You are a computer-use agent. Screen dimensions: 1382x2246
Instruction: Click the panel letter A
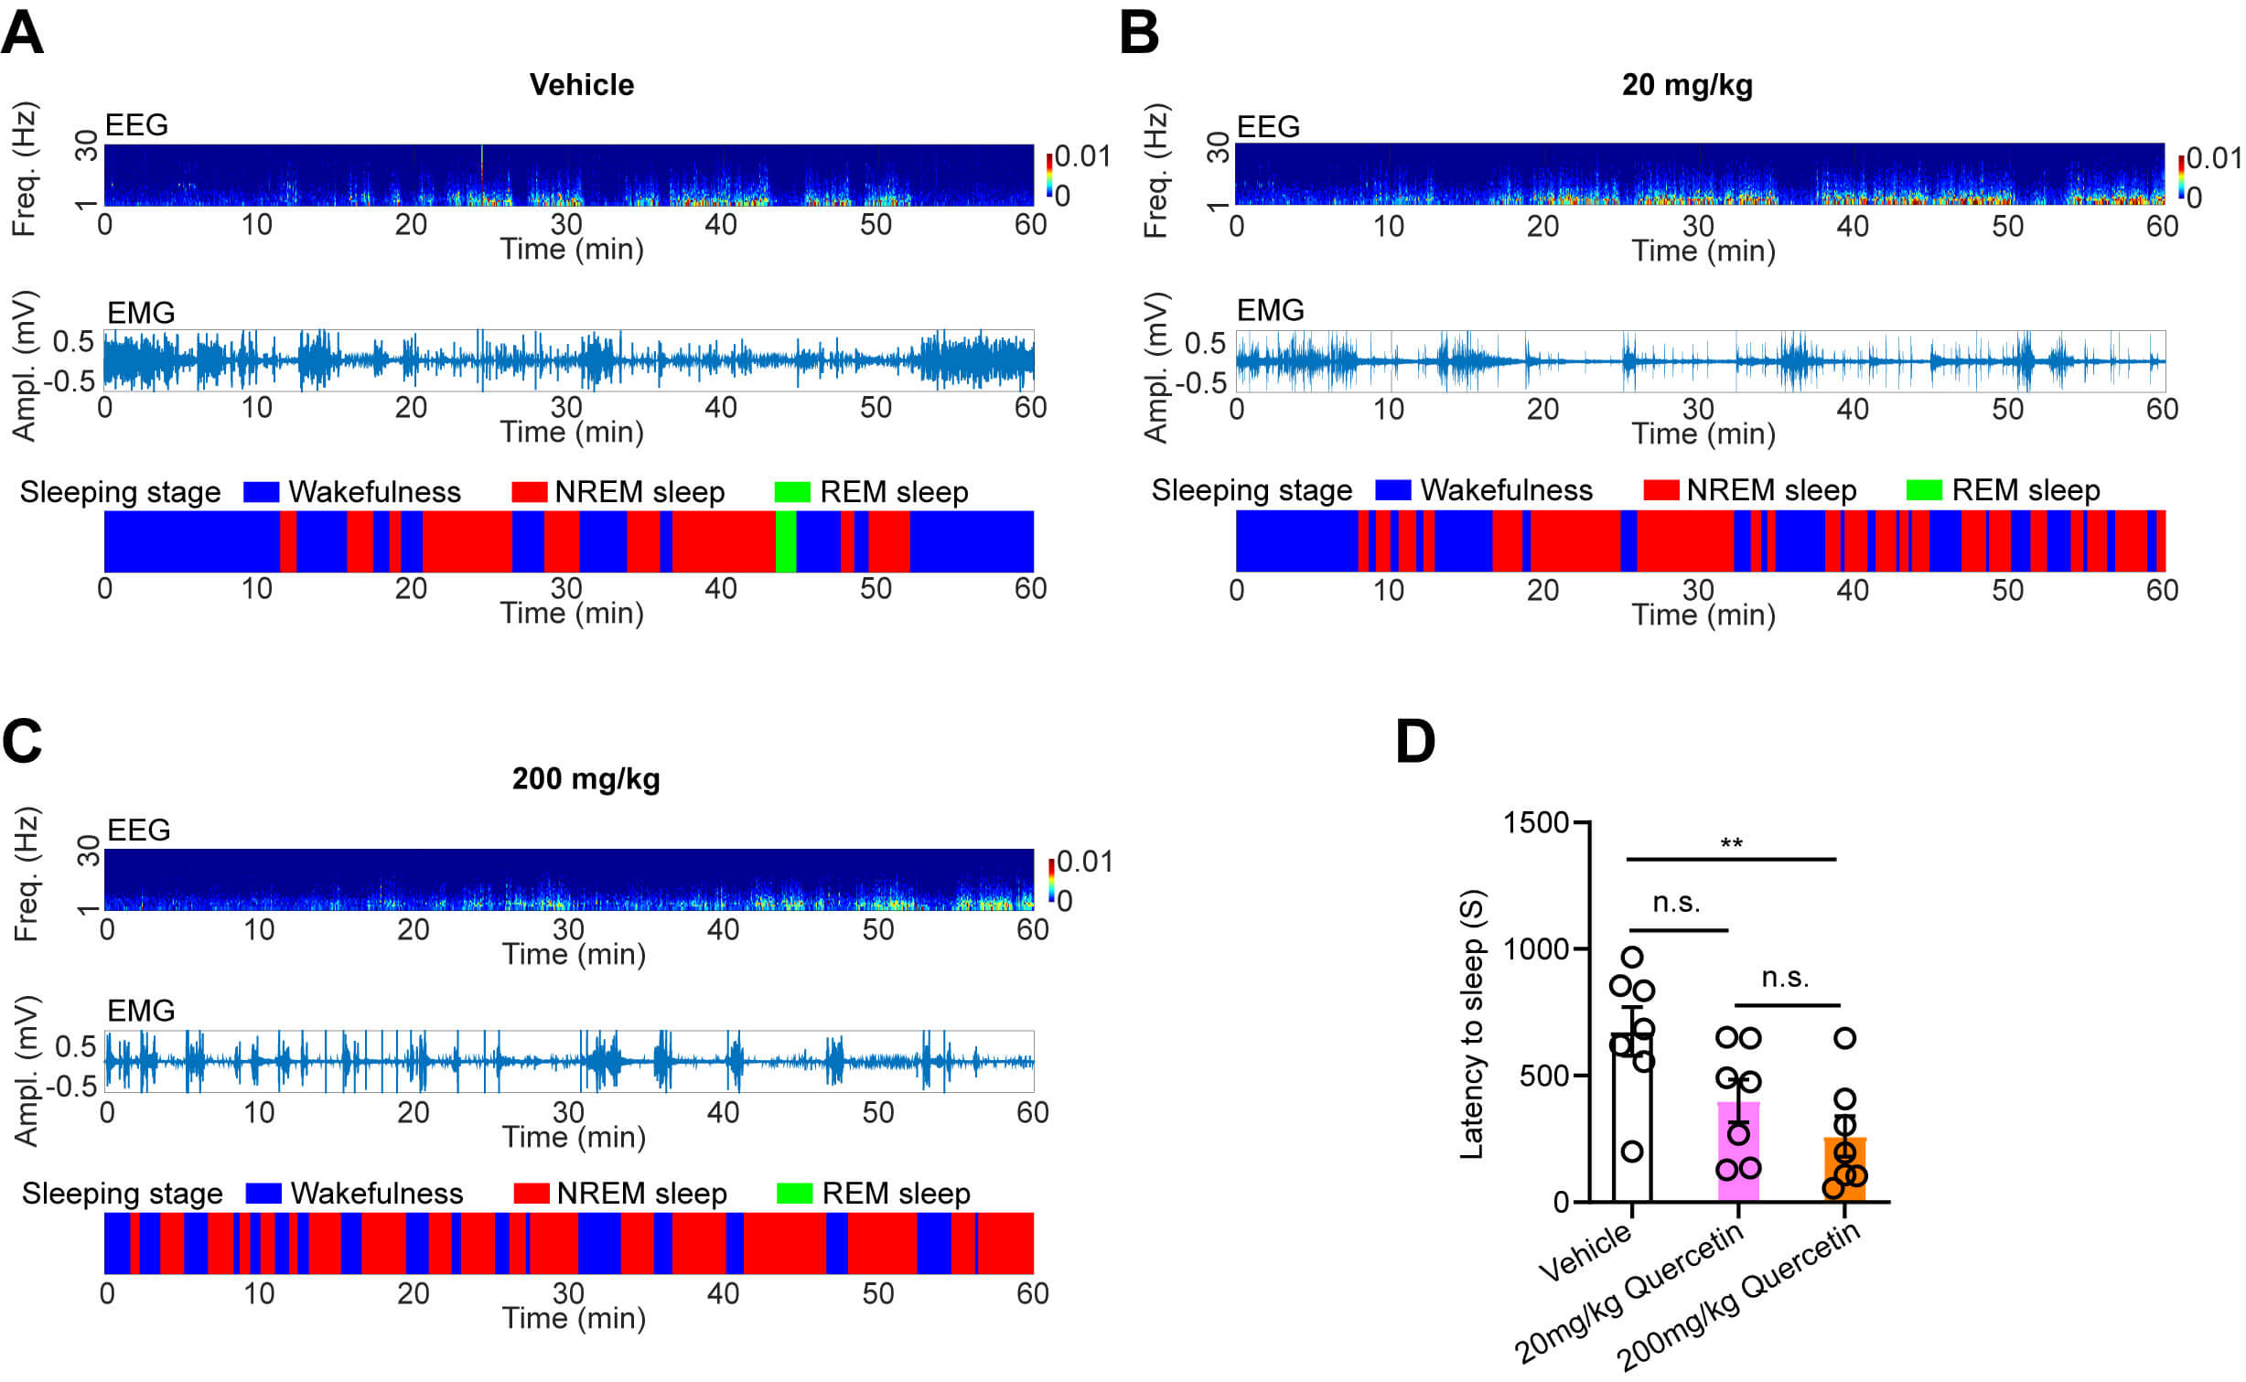pyautogui.click(x=22, y=33)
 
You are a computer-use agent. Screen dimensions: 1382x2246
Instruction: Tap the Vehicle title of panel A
pyautogui.click(x=581, y=85)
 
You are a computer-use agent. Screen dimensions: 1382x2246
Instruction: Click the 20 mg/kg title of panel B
pyautogui.click(x=1686, y=85)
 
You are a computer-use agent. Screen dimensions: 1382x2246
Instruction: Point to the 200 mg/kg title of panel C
pyautogui.click(x=586, y=779)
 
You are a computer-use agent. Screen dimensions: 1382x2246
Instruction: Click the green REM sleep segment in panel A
pyautogui.click(x=785, y=541)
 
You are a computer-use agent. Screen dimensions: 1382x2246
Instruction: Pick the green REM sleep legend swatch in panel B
pyautogui.click(x=1923, y=490)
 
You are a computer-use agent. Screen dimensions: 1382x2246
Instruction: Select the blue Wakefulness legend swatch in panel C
pyautogui.click(x=263, y=1194)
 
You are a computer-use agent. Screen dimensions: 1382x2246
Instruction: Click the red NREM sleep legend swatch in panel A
pyautogui.click(x=529, y=492)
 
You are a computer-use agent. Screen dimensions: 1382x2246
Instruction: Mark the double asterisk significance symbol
pyautogui.click(x=1731, y=843)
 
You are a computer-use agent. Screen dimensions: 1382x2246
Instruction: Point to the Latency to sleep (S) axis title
pyautogui.click(x=1471, y=1024)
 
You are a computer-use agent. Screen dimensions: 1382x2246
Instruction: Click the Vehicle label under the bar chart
pyautogui.click(x=1585, y=1253)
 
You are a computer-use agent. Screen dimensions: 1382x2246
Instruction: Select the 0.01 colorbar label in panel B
pyautogui.click(x=2214, y=158)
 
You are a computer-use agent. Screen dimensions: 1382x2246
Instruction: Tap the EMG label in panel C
pyautogui.click(x=141, y=1011)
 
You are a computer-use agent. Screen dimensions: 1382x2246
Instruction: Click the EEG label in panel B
pyautogui.click(x=1268, y=127)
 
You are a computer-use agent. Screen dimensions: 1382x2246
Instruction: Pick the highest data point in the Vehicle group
pyautogui.click(x=1632, y=957)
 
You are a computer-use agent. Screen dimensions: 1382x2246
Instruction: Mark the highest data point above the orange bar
pyautogui.click(x=1845, y=1038)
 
